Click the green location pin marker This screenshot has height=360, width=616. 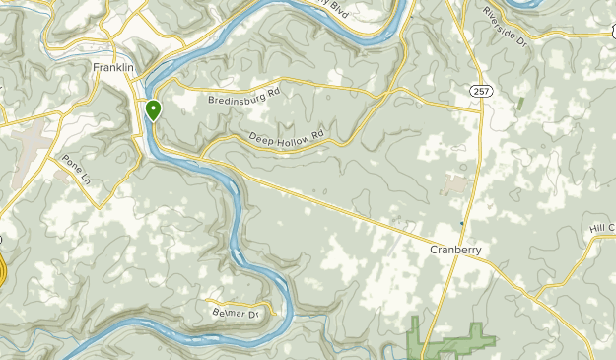coord(154,109)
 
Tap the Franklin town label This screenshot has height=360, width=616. coord(113,67)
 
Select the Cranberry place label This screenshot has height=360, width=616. coord(455,251)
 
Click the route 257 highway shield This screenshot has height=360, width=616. coord(481,91)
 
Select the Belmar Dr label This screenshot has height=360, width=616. coord(234,313)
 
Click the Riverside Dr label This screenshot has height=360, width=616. coord(507,27)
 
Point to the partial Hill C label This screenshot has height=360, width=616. coord(601,229)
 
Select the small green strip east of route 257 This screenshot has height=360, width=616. coord(520,103)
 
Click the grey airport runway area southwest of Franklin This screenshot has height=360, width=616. coord(34,138)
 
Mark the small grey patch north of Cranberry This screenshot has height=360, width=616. coord(454,183)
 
